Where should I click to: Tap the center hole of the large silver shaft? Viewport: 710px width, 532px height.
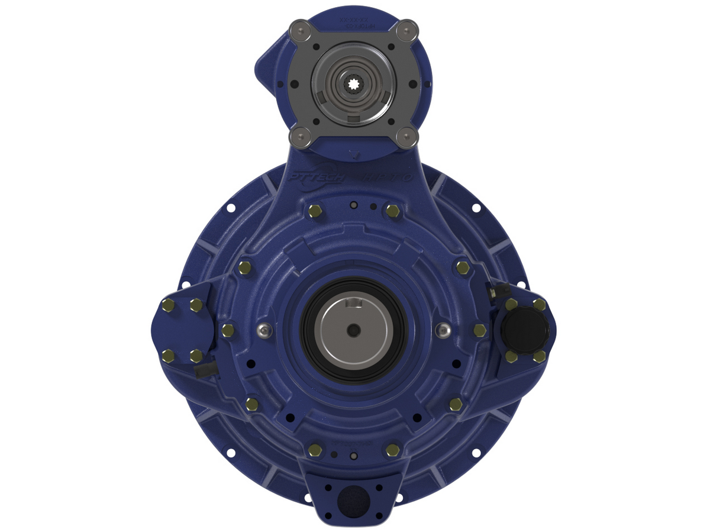pyautogui.click(x=353, y=328)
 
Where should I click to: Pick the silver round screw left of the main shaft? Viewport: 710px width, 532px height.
pyautogui.click(x=265, y=330)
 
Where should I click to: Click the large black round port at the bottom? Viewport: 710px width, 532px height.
pyautogui.click(x=353, y=501)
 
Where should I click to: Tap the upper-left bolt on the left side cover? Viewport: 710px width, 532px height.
pyautogui.click(x=168, y=305)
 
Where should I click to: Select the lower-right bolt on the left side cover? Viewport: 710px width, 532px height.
pyautogui.click(x=196, y=356)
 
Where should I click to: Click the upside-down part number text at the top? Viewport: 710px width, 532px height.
pyautogui.click(x=354, y=22)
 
